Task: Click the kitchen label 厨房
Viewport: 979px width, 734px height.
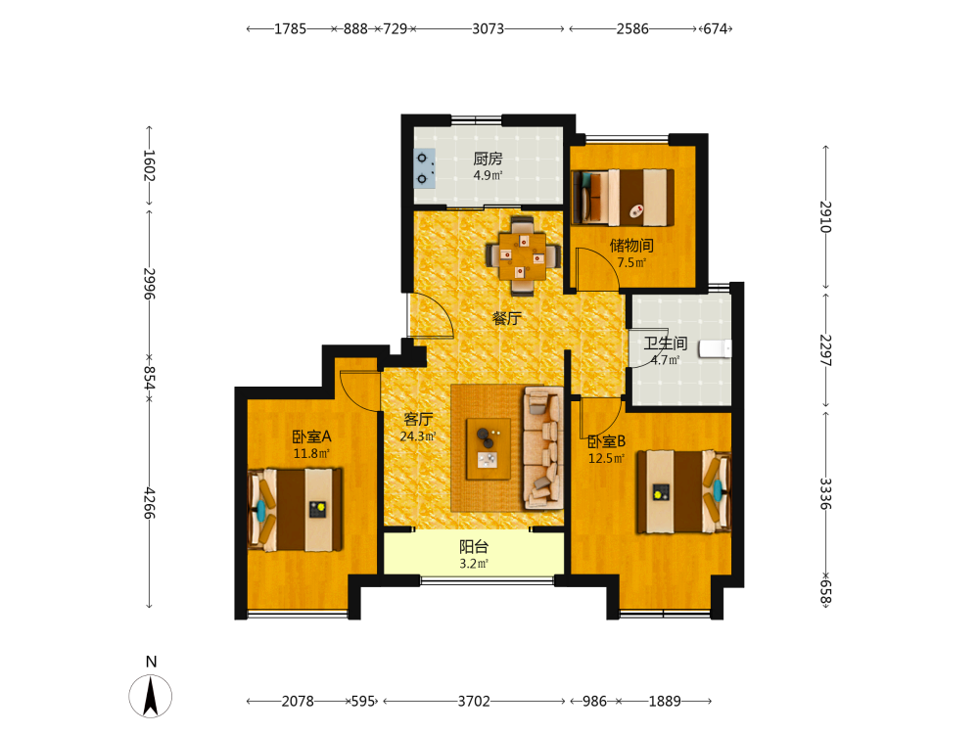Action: click(488, 159)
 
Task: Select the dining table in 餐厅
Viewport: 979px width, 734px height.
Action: click(523, 255)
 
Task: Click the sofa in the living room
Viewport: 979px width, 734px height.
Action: click(543, 447)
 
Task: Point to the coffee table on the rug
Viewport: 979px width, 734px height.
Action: click(489, 449)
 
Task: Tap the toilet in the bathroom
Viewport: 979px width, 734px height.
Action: click(715, 348)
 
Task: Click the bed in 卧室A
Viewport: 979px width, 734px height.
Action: click(296, 510)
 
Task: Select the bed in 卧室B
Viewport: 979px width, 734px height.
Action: click(683, 492)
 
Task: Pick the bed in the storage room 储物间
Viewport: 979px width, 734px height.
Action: click(623, 197)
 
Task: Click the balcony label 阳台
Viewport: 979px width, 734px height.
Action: click(474, 547)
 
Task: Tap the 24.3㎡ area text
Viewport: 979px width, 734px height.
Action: click(418, 436)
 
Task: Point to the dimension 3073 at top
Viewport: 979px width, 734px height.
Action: click(488, 28)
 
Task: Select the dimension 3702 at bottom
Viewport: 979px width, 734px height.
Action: click(474, 702)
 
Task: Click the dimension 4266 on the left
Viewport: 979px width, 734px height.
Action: click(149, 503)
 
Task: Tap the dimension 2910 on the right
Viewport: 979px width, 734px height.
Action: click(825, 216)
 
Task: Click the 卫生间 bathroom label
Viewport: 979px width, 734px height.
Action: click(666, 343)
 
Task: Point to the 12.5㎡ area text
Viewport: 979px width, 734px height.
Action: click(606, 459)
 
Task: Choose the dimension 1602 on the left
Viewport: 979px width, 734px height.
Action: click(149, 165)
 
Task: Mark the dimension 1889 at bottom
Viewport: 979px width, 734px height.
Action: click(665, 702)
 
